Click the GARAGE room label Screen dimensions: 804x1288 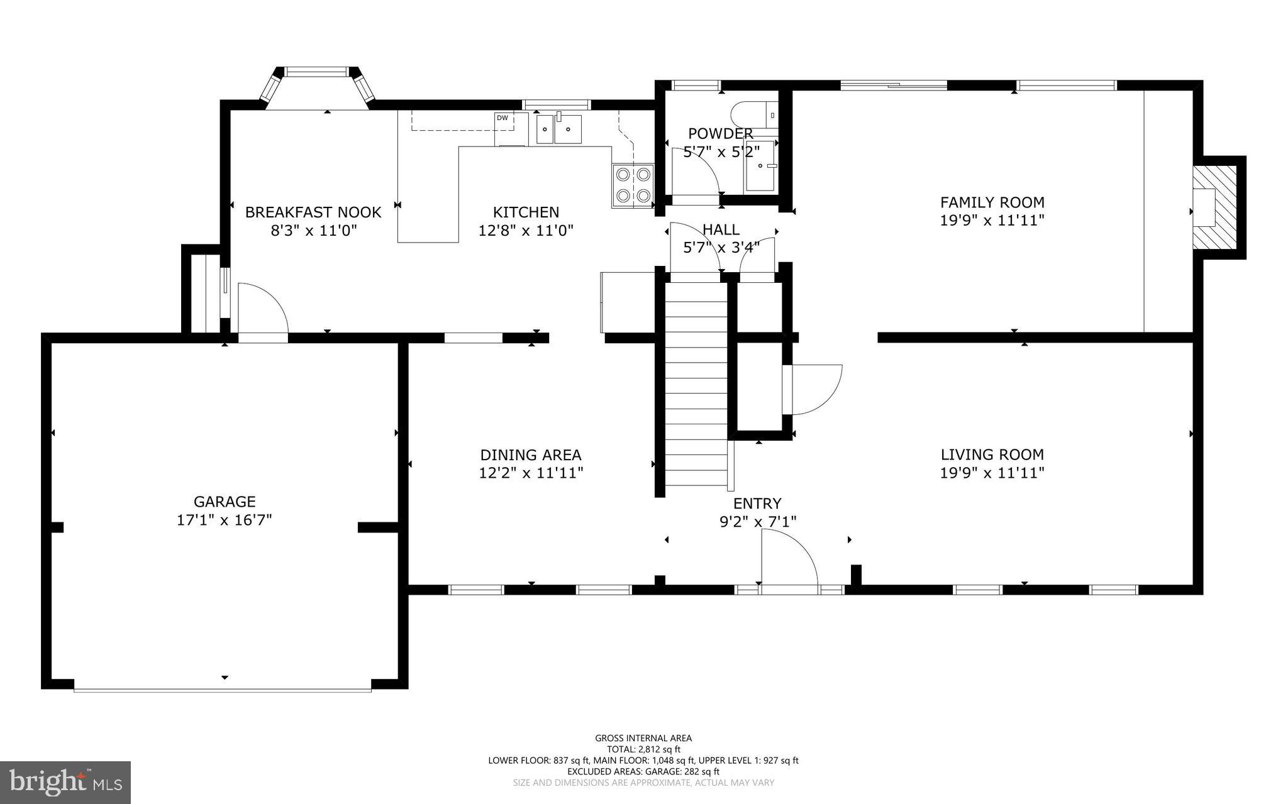225,502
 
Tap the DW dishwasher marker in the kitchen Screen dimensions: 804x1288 502,118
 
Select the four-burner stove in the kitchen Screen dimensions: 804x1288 633,185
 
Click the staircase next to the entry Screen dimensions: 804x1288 696,383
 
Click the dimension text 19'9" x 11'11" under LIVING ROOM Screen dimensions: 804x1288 992,473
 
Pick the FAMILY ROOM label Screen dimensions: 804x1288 992,202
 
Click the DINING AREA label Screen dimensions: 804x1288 531,454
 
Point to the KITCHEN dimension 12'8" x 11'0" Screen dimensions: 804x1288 526,231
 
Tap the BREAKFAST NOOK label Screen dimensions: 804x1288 313,212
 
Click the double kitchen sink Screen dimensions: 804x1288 558,129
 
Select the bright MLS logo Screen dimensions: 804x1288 65,782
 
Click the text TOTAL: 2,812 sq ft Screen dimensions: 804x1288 643,749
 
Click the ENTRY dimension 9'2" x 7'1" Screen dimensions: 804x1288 757,521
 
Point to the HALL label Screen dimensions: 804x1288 721,229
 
